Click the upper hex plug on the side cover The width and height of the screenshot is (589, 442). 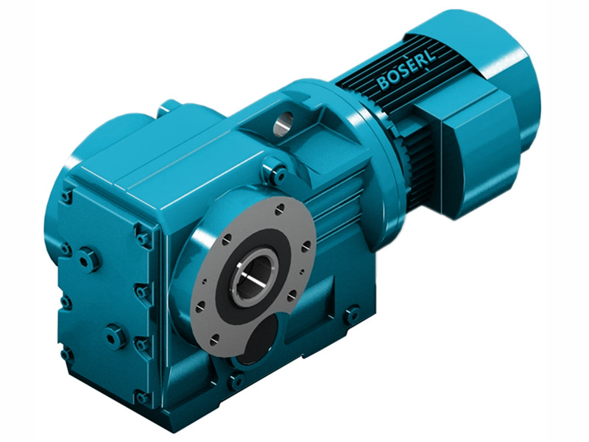point(89,259)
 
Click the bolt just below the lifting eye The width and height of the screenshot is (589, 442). point(278,174)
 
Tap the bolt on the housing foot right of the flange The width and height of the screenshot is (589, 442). point(353,315)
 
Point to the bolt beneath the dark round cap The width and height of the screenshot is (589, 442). point(236,382)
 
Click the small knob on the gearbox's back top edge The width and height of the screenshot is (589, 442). point(170,108)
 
